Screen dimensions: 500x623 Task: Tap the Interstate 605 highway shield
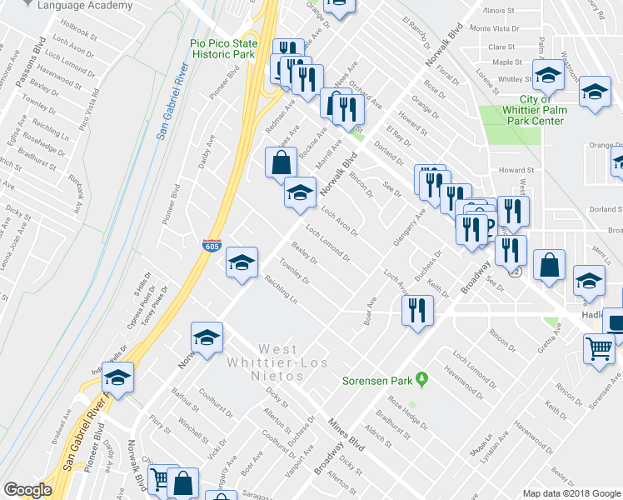212,246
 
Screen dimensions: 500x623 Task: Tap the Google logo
27,490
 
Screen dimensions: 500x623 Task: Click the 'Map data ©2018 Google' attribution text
571,493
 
